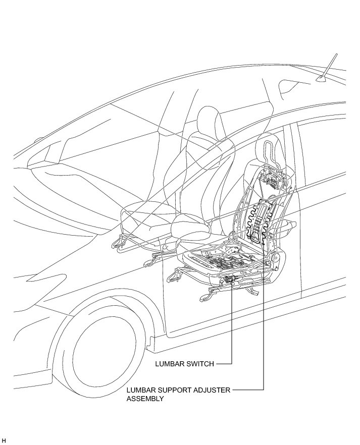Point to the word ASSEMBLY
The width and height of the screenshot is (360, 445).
(145, 398)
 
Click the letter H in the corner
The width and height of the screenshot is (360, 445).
(4, 440)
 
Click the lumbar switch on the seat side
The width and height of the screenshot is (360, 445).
(231, 279)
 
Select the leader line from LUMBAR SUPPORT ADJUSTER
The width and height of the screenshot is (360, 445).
(264, 328)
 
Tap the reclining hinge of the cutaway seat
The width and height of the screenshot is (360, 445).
(276, 260)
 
